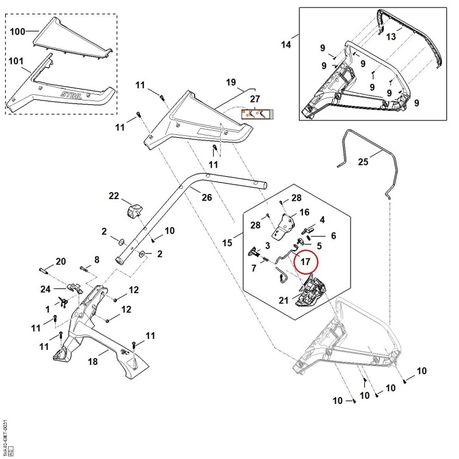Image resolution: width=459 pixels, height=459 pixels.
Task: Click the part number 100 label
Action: tap(18, 32)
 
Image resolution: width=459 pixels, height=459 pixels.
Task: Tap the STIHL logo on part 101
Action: tap(71, 95)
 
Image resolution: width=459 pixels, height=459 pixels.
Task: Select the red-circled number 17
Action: tap(306, 261)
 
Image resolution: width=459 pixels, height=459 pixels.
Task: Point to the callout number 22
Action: tap(114, 196)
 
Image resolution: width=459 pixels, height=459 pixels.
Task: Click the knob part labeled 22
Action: tap(134, 211)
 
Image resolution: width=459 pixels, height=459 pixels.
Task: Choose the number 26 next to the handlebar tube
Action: tap(207, 197)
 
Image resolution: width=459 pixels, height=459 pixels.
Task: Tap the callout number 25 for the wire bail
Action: tap(363, 162)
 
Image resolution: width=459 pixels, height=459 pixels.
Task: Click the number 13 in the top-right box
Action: tap(391, 37)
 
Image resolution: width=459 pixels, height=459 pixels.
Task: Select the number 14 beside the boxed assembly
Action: tap(286, 45)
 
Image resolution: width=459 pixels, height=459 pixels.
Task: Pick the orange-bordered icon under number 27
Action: tap(257, 114)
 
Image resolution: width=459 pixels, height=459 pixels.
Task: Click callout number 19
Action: tap(231, 82)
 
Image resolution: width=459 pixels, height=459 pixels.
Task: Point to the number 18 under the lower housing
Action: tap(93, 361)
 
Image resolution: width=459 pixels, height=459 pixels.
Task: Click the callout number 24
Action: tap(45, 289)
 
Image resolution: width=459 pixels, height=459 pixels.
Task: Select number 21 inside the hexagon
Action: tap(283, 300)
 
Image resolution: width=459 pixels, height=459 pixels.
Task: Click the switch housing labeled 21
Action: tap(311, 291)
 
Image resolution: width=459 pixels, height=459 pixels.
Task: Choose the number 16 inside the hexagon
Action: tap(305, 212)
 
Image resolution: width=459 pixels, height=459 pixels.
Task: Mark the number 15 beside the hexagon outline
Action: tap(227, 243)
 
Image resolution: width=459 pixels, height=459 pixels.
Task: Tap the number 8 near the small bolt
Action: tap(96, 260)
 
